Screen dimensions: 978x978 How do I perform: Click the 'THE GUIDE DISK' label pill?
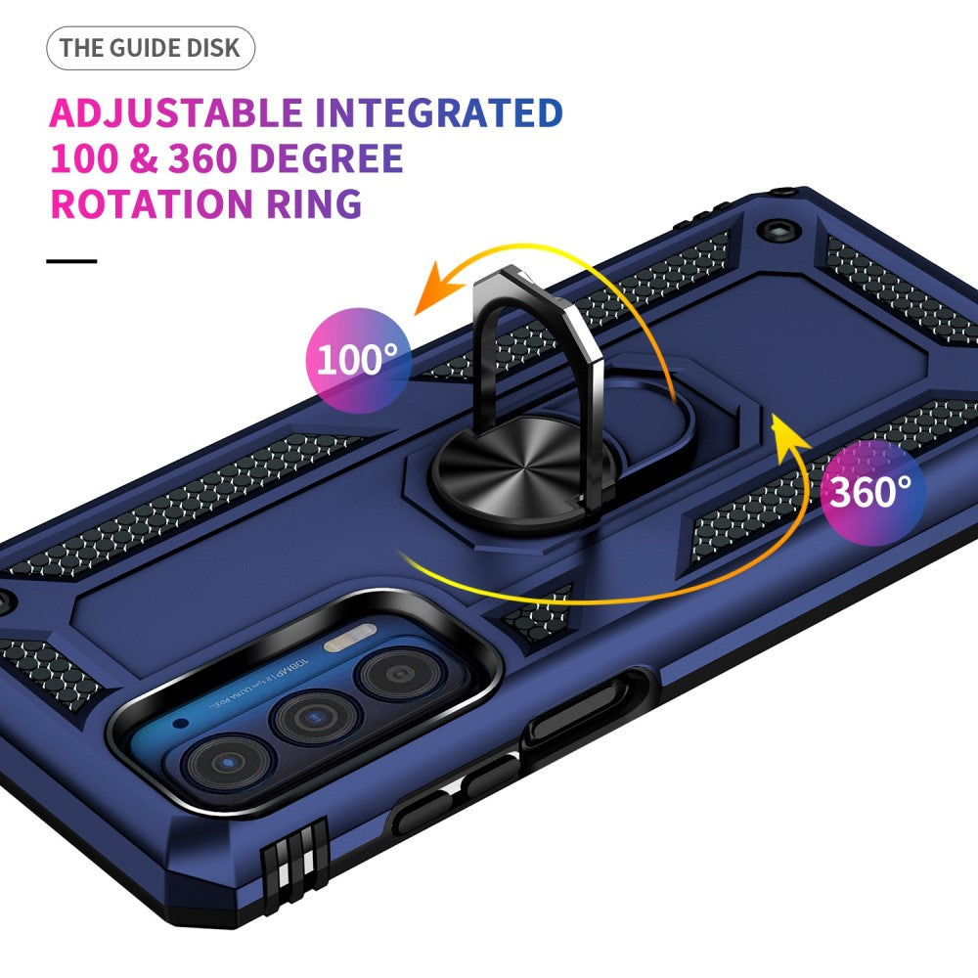coord(150,48)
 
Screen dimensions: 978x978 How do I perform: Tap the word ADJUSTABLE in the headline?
coord(175,113)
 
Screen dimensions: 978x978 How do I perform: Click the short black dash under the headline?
coord(72,261)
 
